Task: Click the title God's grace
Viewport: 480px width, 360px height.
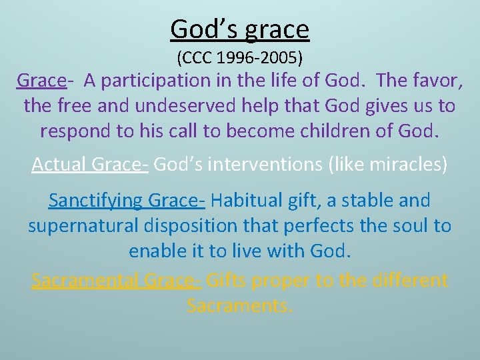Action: [240, 29]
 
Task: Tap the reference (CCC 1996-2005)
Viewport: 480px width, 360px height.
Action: [240, 58]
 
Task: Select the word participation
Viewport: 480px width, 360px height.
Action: [163, 81]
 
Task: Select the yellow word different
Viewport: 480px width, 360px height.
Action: [407, 281]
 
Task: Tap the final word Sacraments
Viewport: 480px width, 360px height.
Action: [240, 306]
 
